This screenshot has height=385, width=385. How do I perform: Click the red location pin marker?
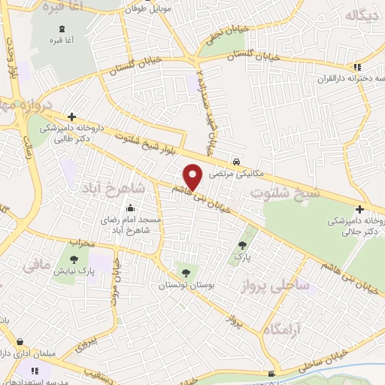(194, 177)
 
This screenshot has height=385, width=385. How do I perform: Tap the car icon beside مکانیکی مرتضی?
(236, 162)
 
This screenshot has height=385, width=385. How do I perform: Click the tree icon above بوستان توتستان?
(185, 272)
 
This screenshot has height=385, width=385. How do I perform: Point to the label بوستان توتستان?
(185, 286)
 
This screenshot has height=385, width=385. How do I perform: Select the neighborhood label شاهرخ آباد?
(117, 186)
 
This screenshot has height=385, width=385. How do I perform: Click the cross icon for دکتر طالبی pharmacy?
(71, 117)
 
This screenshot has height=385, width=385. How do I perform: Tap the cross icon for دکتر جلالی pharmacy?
(359, 209)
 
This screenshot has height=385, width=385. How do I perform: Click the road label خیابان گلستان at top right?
(252, 56)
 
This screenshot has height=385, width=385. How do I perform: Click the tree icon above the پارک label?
(242, 244)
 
